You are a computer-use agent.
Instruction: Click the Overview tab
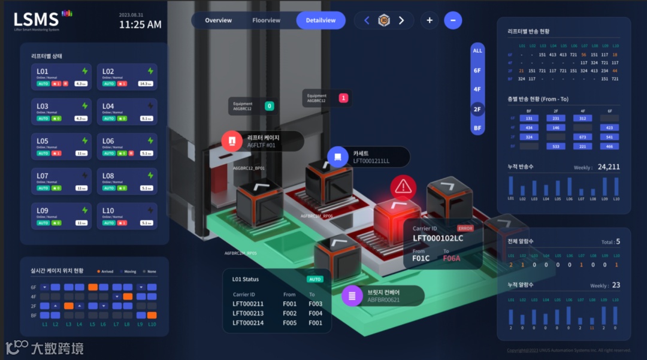point(218,20)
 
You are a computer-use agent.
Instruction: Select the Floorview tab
point(266,20)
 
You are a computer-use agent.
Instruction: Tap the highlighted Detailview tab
point(321,20)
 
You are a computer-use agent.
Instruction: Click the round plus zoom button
point(429,20)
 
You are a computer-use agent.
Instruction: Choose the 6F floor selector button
point(477,70)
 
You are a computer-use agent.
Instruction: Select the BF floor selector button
point(477,128)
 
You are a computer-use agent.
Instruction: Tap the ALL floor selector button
point(477,51)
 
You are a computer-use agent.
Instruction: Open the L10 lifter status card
point(127,216)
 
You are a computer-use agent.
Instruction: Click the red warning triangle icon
point(404,187)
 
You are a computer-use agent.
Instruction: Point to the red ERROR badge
point(465,228)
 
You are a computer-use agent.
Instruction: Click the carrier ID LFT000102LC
point(438,238)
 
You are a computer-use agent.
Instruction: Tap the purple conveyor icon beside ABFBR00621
point(352,295)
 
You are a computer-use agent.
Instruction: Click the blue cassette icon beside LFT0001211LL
point(338,157)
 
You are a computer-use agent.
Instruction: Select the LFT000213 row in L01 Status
point(248,313)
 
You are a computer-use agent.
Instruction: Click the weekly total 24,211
point(609,167)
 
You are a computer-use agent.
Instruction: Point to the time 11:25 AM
point(140,25)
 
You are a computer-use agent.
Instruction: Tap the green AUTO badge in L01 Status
point(315,279)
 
